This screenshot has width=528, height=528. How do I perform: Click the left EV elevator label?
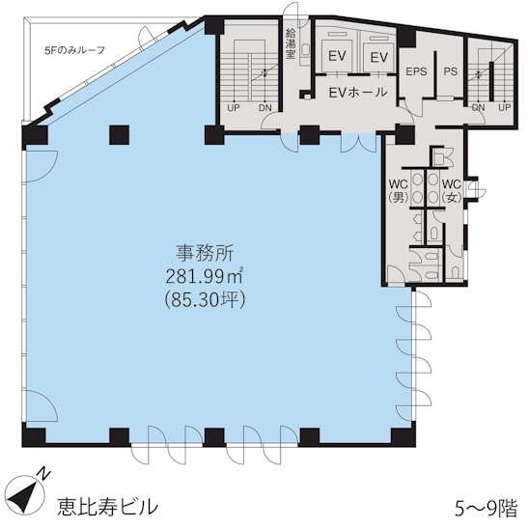[x=337, y=56]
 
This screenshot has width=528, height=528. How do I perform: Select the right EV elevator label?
[x=379, y=57]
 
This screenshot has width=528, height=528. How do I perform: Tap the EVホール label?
[x=357, y=92]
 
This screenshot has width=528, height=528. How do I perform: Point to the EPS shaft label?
[x=416, y=71]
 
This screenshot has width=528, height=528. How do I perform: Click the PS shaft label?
[x=451, y=71]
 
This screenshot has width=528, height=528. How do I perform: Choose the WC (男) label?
[x=399, y=191]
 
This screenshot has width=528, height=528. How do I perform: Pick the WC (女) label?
[x=451, y=191]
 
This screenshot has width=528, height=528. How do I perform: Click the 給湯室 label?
[x=291, y=43]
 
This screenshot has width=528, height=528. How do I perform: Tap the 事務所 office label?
[x=205, y=253]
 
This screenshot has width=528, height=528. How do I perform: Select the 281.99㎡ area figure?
[x=205, y=276]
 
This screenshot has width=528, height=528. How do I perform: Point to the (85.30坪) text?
[x=205, y=299]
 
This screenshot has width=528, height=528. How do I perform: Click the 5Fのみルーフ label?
[x=74, y=50]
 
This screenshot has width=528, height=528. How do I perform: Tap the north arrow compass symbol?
[x=26, y=490]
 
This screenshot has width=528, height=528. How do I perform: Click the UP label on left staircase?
[x=234, y=108]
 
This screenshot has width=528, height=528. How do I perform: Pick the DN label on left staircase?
[x=265, y=108]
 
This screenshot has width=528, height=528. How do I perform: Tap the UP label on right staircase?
[x=505, y=107]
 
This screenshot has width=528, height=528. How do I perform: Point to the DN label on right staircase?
[x=478, y=107]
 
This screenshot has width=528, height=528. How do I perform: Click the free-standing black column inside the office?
[x=119, y=135]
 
